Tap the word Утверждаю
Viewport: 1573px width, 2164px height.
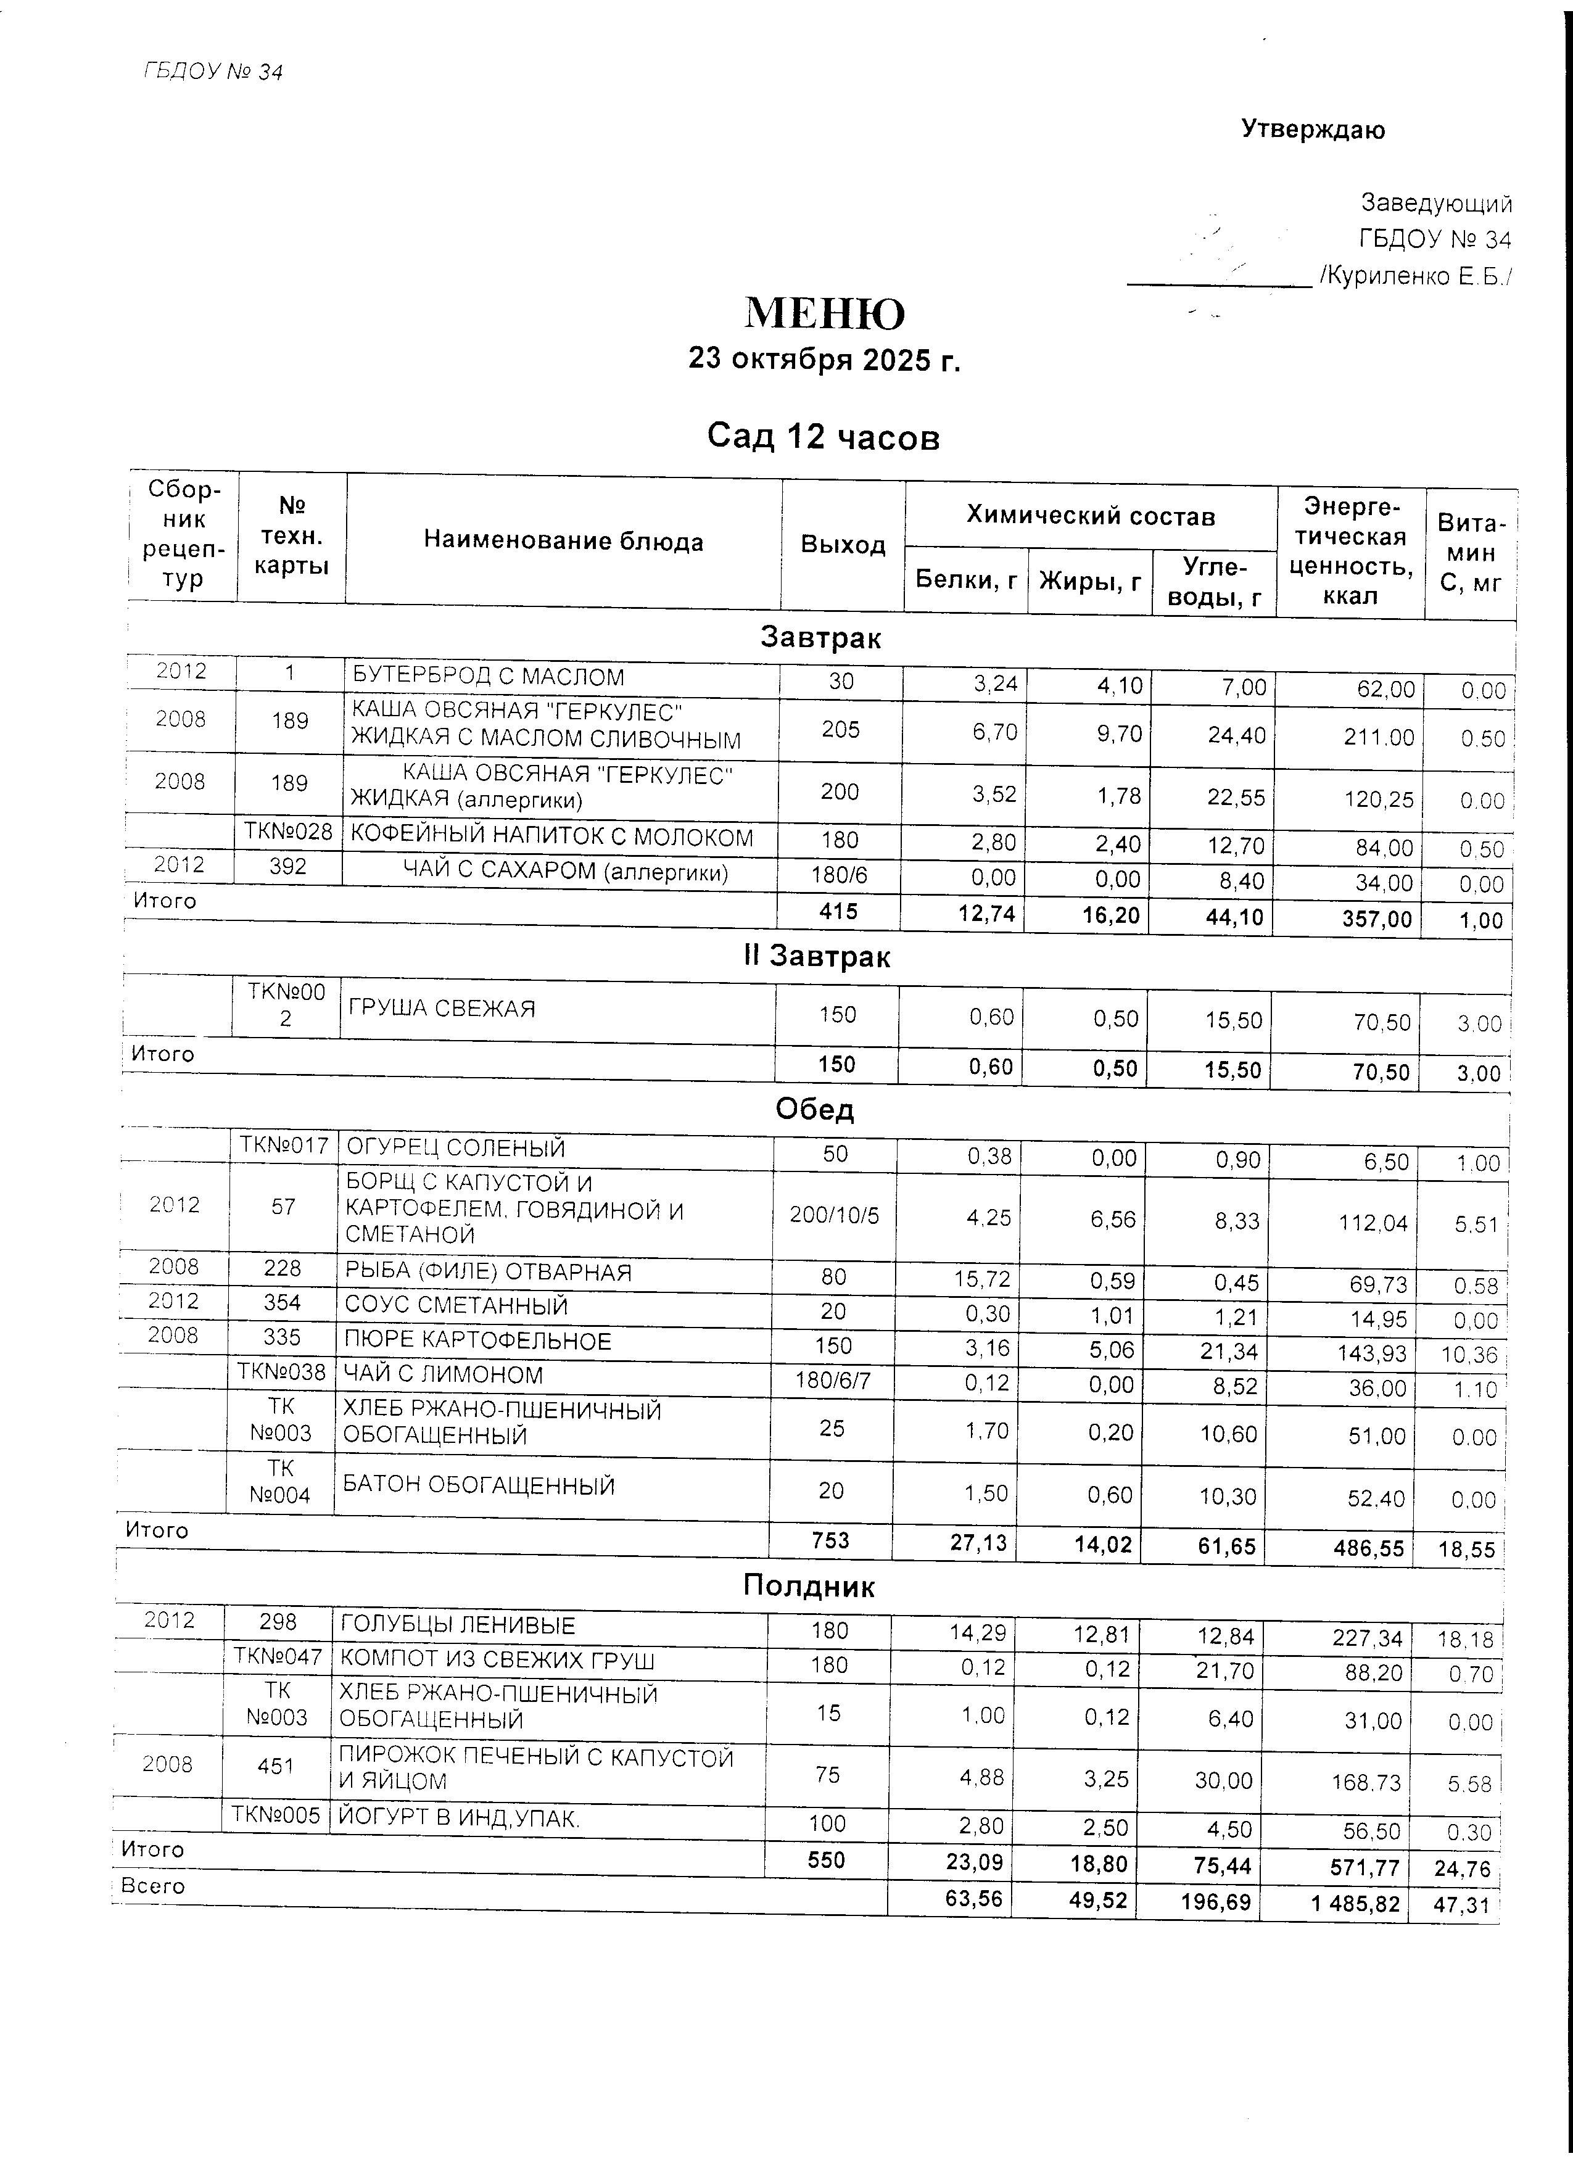point(1313,130)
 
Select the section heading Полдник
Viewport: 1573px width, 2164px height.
point(809,1586)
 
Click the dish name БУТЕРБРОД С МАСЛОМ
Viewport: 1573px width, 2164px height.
point(489,677)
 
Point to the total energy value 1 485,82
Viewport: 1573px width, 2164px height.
point(1355,1904)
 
